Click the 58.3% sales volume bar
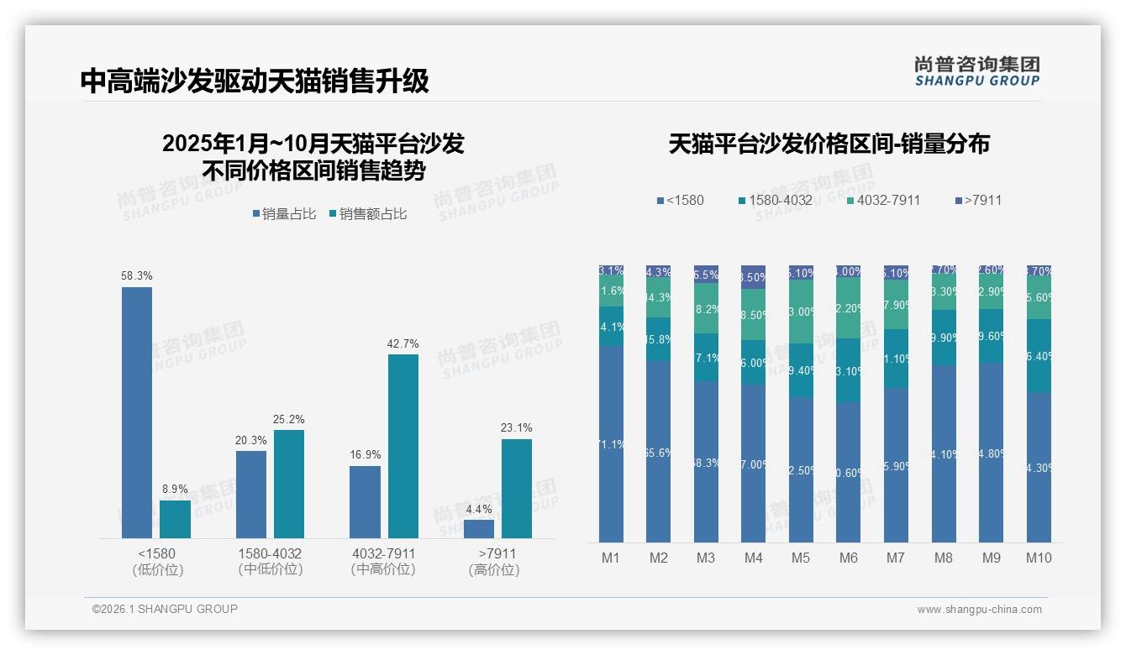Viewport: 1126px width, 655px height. pos(137,411)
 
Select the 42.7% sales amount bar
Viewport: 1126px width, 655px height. pos(403,445)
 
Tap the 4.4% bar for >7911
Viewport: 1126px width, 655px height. pos(479,529)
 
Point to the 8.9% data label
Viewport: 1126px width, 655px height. pos(175,489)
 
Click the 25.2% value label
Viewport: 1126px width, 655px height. pos(288,419)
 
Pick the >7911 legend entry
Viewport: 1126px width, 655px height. pos(978,200)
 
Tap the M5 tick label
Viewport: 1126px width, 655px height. pos(801,558)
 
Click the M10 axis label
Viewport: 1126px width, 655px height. pos(1039,558)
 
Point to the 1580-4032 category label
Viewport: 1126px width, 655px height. pos(270,554)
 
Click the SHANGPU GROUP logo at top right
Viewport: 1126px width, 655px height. pos(976,71)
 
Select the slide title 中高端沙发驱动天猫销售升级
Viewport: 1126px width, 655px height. pos(255,81)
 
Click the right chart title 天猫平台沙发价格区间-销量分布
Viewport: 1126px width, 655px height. pos(829,144)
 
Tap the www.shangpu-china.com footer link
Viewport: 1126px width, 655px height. pos(979,610)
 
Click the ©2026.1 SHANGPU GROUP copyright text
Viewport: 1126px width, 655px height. pos(165,609)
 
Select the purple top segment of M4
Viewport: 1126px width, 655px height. pos(754,277)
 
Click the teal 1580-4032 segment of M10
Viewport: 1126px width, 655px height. pos(1039,356)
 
